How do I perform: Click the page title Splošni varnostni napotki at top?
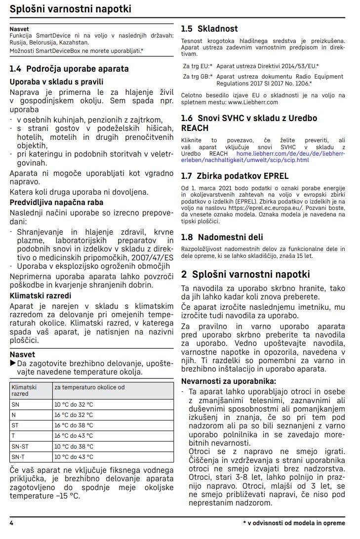71,9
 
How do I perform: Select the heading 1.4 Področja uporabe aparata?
69,69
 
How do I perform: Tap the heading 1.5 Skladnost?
209,29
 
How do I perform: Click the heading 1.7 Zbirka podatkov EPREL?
235,176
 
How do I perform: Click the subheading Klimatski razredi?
40,296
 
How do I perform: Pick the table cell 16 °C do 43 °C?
74,436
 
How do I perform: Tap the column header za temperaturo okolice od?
82,387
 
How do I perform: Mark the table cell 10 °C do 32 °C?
74,404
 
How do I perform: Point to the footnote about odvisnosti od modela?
294,523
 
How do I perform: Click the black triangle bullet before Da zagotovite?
13,364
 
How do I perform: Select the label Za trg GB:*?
198,77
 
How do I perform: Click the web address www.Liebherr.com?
253,102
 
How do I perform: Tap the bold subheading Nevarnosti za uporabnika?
229,381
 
